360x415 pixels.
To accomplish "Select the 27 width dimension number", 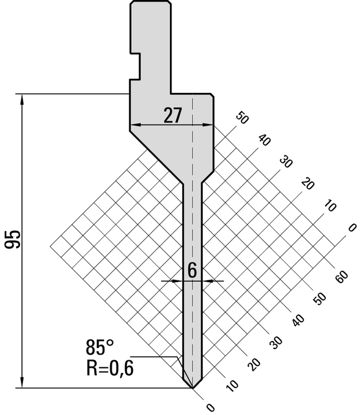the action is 173,116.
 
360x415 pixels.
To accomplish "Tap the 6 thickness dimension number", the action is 192,270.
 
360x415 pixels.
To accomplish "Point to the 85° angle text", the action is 100,348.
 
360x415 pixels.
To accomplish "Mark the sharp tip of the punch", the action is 192,387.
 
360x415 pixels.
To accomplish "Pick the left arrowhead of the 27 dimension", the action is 133,125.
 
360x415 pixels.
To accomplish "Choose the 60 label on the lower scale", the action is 342,277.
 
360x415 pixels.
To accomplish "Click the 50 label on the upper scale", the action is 242,118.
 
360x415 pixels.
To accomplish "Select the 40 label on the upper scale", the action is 264,139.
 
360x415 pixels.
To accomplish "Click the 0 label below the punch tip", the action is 209,408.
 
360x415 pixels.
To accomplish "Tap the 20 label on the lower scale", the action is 254,364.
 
